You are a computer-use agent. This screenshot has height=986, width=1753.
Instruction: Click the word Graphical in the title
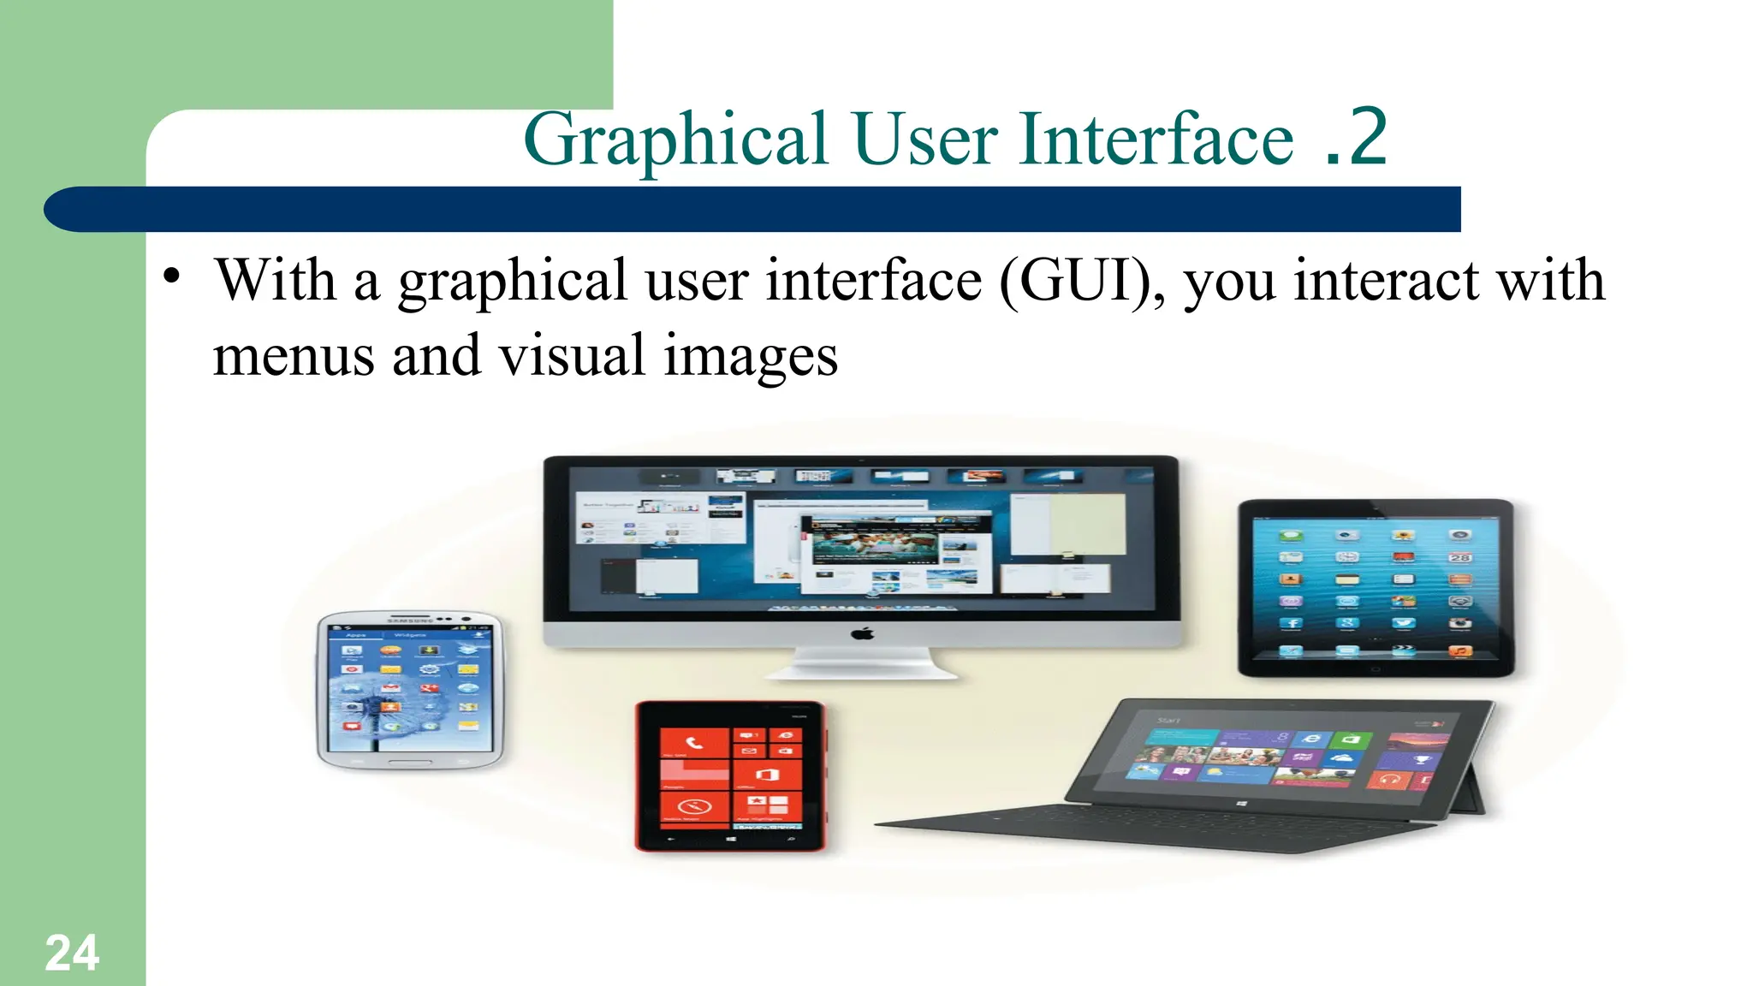pyautogui.click(x=675, y=140)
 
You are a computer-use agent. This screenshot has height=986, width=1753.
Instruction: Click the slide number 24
pyautogui.click(x=72, y=953)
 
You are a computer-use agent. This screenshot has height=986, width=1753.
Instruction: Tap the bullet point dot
pyautogui.click(x=173, y=276)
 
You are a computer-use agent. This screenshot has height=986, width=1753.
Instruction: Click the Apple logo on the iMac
pyautogui.click(x=863, y=633)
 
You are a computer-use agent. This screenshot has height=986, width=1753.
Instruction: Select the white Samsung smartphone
pyautogui.click(x=409, y=689)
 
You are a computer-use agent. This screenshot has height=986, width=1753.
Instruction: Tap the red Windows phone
pyautogui.click(x=730, y=775)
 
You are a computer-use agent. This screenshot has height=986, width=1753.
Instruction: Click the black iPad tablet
pyautogui.click(x=1376, y=589)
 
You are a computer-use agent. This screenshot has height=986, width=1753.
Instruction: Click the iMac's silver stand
pyautogui.click(x=861, y=663)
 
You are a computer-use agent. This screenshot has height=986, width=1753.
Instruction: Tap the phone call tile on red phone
pyautogui.click(x=694, y=744)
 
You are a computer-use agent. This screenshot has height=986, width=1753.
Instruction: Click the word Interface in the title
pyautogui.click(x=1156, y=140)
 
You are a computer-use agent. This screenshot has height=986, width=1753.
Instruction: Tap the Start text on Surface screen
pyautogui.click(x=1168, y=721)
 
